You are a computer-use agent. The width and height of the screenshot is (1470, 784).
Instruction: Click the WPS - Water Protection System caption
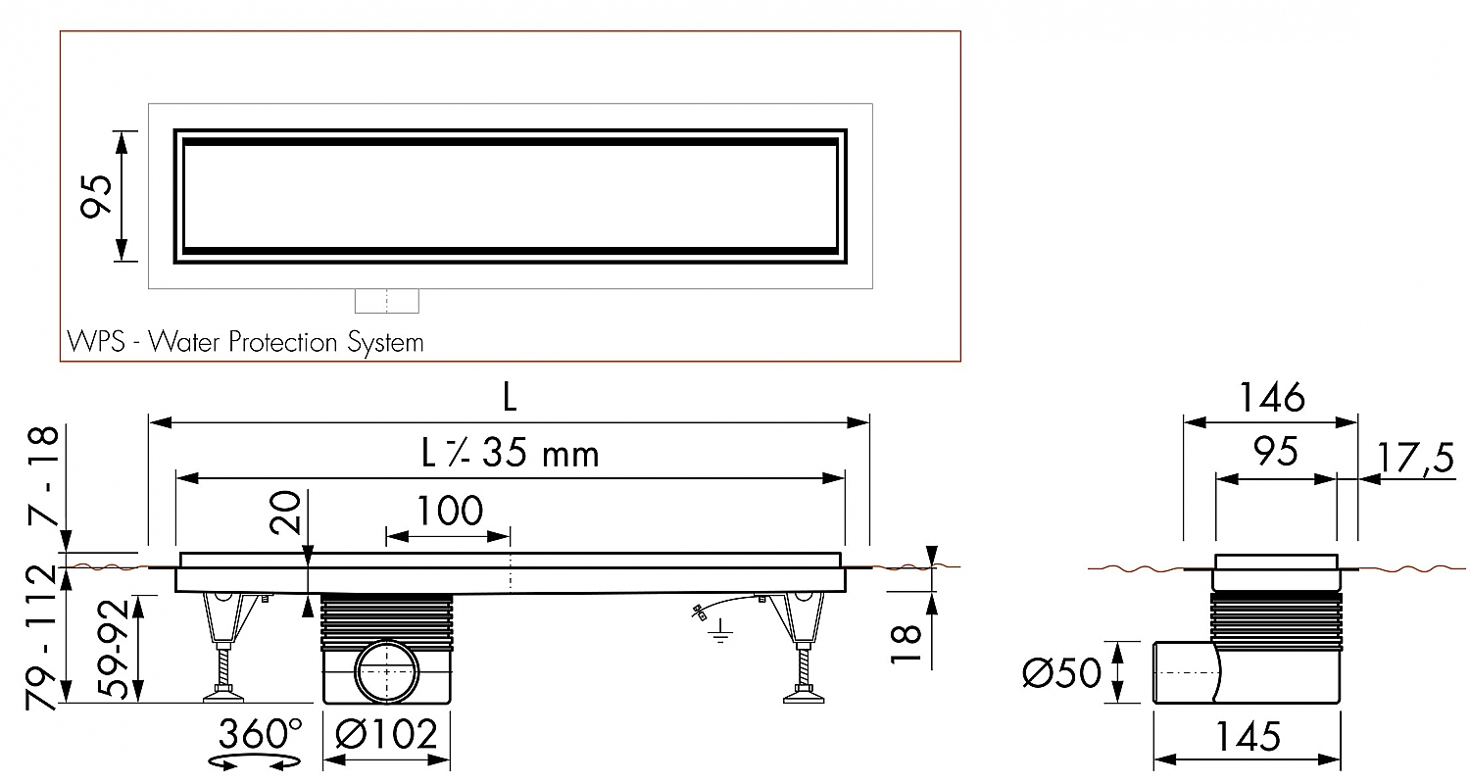[246, 342]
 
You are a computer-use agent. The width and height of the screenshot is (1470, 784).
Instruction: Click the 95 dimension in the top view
[95, 196]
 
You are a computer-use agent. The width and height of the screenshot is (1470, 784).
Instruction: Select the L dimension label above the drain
[509, 397]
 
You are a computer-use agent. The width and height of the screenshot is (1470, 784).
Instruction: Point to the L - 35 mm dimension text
[510, 454]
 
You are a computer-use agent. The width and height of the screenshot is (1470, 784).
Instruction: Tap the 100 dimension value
[450, 511]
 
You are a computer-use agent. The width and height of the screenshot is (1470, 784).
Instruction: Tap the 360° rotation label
[260, 733]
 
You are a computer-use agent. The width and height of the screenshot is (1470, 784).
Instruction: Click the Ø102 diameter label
[386, 733]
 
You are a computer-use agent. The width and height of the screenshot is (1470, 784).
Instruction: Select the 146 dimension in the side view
[1271, 398]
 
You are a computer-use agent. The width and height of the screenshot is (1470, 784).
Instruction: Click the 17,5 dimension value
[1415, 458]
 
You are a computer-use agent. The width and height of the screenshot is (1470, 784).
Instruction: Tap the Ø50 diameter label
[1061, 673]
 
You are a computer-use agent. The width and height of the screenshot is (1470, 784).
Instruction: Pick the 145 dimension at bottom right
[1246, 735]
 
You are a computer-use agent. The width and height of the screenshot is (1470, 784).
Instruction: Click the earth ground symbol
[720, 636]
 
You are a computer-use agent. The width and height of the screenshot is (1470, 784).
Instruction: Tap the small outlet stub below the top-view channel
[386, 301]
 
